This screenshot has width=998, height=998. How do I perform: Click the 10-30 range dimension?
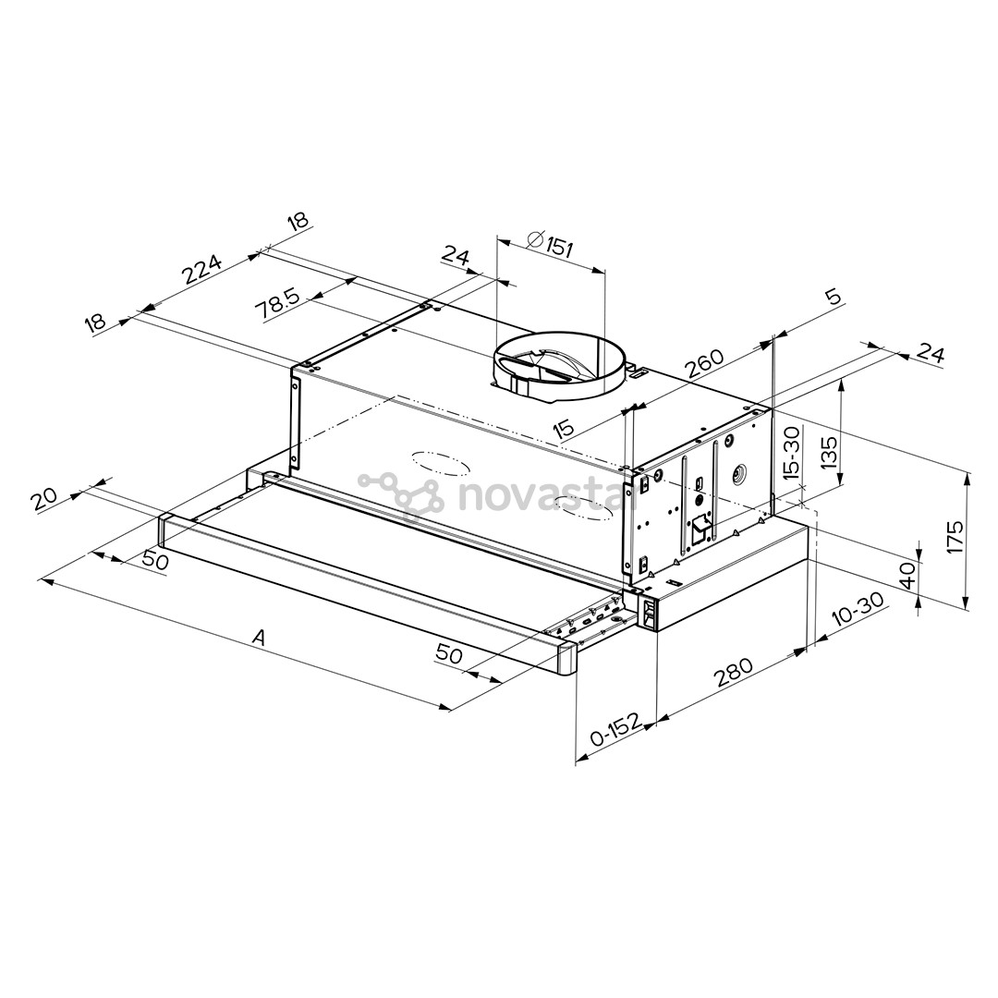click(x=858, y=611)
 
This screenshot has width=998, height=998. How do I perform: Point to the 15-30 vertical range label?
click(x=791, y=450)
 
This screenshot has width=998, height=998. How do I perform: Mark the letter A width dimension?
click(x=260, y=637)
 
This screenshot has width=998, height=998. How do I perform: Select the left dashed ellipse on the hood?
click(x=436, y=463)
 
